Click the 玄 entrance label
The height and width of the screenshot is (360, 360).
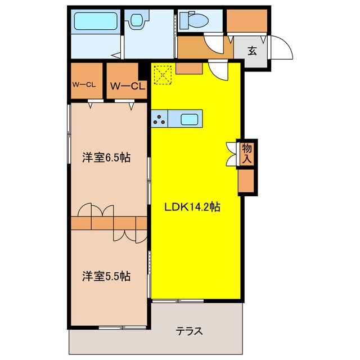(x=253, y=51)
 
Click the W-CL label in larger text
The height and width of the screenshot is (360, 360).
(x=128, y=86)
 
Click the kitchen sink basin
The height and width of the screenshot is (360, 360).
(x=189, y=119)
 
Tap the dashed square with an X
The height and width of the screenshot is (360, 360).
(x=163, y=74)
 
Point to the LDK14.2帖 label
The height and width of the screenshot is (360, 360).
(x=192, y=207)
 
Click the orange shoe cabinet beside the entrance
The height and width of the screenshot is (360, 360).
(x=246, y=21)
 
